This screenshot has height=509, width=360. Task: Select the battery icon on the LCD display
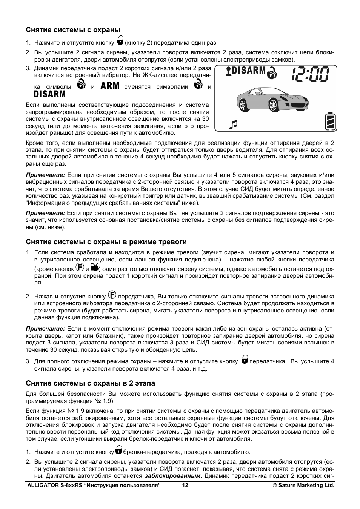[330, 121]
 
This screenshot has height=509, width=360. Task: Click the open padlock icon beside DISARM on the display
[272, 73]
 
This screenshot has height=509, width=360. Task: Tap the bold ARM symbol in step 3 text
[110, 86]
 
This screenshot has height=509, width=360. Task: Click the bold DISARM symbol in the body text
[50, 94]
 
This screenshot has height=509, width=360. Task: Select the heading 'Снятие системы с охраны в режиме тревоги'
[106, 242]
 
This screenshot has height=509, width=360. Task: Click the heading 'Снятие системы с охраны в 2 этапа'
[90, 383]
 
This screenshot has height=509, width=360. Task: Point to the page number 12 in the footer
[185, 486]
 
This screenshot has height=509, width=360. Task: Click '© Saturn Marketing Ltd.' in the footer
[303, 486]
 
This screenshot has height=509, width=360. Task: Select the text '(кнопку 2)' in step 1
[138, 43]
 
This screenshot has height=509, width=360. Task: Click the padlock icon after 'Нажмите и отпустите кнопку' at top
[120, 40]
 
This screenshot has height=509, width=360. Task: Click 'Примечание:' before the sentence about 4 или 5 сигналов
[45, 175]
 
